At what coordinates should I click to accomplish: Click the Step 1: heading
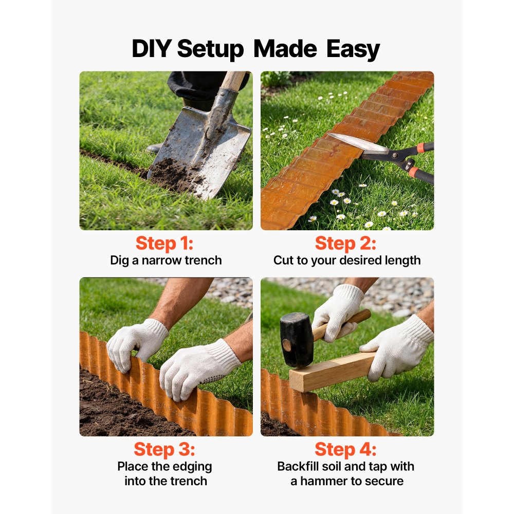(x=165, y=243)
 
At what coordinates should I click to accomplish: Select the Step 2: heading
(x=346, y=243)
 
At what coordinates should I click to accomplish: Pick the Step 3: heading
(x=165, y=449)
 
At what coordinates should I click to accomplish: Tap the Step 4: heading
(x=346, y=449)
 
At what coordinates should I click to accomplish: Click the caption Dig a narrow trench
(x=166, y=260)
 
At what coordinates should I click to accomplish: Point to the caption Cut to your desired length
(x=346, y=260)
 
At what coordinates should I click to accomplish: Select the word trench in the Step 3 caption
(x=188, y=481)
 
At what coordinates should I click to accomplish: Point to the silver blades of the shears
(x=358, y=143)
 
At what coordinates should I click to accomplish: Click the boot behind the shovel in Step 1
(x=154, y=149)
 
